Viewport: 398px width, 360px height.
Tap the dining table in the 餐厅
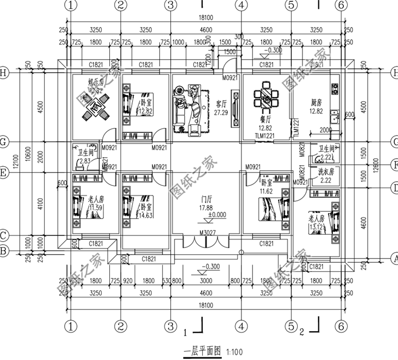coord(265,99)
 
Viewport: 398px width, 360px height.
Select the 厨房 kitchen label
coord(316,104)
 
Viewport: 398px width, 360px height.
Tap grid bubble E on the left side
coord(5,173)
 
